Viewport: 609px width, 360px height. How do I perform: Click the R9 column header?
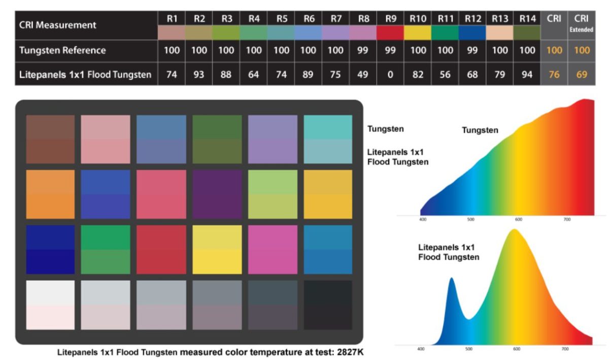(390, 18)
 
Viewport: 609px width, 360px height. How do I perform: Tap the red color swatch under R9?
(390, 32)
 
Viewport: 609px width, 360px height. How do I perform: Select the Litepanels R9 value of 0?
(390, 74)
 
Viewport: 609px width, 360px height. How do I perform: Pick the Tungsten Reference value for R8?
(363, 50)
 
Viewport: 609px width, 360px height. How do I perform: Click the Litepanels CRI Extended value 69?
(582, 74)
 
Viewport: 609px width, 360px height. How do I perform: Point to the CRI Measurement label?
(57, 25)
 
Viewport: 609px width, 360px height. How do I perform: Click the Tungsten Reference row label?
(62, 50)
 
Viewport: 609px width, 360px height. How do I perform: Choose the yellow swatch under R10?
(418, 32)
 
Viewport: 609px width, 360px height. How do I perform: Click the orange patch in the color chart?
(50, 194)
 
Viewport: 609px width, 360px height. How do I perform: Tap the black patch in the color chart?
(328, 305)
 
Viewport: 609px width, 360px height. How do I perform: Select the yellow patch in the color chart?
(217, 249)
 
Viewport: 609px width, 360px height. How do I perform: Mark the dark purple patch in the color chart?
(217, 194)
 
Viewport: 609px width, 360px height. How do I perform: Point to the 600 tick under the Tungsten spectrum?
(519, 219)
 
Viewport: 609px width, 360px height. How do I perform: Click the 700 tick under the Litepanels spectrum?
(565, 349)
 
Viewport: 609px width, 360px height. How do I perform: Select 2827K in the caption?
(350, 352)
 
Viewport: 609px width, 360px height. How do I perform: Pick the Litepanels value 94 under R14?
(527, 74)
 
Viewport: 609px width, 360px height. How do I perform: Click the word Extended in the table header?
(581, 29)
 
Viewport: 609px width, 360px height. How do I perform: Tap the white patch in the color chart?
(50, 305)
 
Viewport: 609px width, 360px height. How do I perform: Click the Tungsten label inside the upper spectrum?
(480, 130)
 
